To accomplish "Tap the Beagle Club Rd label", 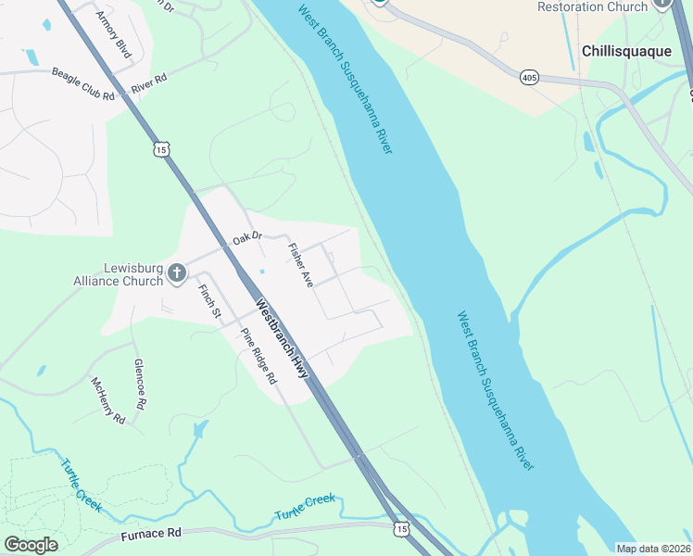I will [82, 84].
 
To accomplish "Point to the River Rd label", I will [148, 83].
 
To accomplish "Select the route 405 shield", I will [529, 76].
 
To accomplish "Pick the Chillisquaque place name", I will [627, 51].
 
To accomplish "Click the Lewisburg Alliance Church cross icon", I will [177, 272].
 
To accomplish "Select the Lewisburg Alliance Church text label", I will [118, 275].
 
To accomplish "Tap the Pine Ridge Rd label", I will [258, 357].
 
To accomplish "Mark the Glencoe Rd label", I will [141, 385].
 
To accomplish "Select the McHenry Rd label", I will [107, 400].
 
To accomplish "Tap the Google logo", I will [31, 545].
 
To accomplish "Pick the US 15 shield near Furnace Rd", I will [400, 529].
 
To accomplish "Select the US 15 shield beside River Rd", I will [162, 149].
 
